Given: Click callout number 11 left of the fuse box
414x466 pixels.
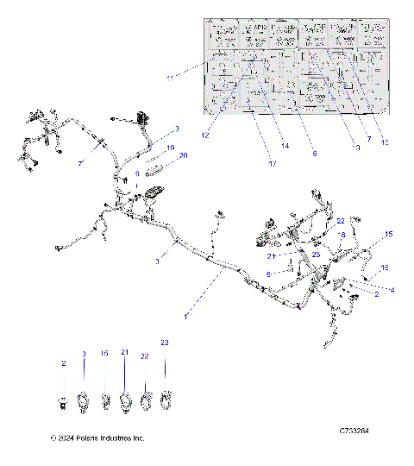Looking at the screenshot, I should tap(169, 79).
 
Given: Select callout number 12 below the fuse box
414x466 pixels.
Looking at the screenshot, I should tap(206, 134).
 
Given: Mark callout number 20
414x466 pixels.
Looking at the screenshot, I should tap(183, 155).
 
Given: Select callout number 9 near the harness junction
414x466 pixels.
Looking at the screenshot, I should tap(136, 173).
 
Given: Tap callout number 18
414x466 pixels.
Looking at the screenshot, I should tap(342, 235).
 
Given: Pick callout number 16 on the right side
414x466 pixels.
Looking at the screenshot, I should tap(385, 268).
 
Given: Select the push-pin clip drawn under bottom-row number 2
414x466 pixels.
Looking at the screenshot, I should tap(63, 402).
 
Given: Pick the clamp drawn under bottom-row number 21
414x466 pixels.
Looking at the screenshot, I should tap(125, 400).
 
